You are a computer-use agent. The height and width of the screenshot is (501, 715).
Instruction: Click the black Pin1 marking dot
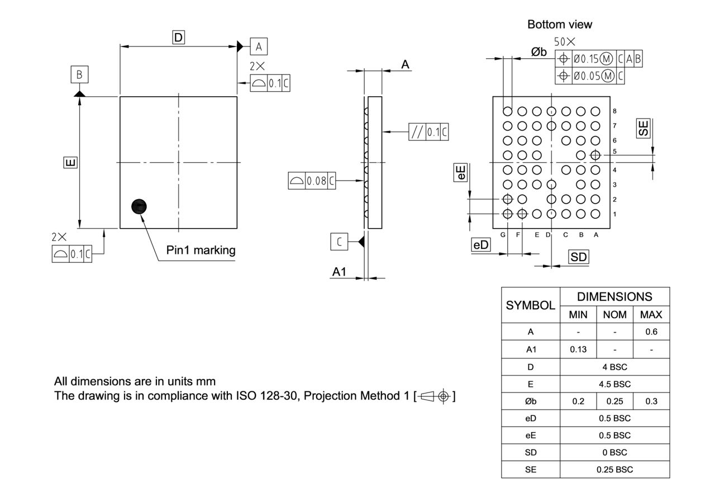[x=139, y=207]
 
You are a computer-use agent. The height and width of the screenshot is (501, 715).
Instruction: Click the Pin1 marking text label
[x=201, y=250]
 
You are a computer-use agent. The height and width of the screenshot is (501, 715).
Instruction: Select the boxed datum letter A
[x=259, y=46]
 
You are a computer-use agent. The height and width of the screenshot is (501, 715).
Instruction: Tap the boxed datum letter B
[x=79, y=74]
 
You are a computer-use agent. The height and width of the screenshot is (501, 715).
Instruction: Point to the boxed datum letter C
[x=339, y=242]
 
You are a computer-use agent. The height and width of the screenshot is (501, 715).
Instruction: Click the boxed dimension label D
[x=178, y=37]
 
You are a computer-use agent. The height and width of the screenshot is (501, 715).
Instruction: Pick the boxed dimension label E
[x=71, y=163]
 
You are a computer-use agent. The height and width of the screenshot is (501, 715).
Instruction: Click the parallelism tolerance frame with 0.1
[x=428, y=132]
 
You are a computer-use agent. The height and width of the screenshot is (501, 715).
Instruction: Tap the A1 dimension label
[x=340, y=272]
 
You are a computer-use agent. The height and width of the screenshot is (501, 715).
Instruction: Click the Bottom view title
[x=560, y=25]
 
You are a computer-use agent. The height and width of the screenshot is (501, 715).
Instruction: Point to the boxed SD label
[x=578, y=257]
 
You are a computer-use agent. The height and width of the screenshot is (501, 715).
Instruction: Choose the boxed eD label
[x=481, y=245]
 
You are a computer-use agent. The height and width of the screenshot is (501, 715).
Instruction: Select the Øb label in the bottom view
[x=539, y=52]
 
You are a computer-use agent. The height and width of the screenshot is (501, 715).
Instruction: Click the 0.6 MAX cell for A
[x=651, y=332]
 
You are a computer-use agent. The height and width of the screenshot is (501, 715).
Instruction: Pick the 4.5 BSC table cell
[x=614, y=384]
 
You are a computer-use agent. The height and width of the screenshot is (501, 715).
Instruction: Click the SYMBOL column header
[x=530, y=305]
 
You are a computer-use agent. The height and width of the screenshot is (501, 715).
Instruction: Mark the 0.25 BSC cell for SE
[x=614, y=470]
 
